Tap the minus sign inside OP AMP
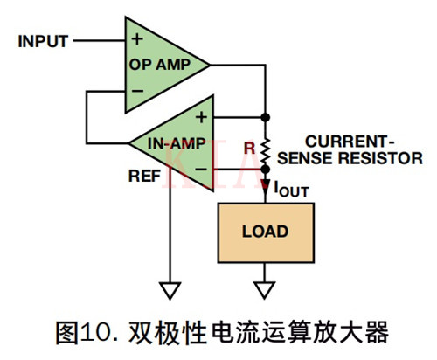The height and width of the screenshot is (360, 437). tap(136, 89)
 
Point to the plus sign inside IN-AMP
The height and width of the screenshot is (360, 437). tap(200, 116)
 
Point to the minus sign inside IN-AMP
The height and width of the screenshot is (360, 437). tap(200, 168)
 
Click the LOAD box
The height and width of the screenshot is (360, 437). tap(264, 233)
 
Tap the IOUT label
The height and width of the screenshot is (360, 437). tap(290, 187)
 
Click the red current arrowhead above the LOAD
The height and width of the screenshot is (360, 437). tap(264, 185)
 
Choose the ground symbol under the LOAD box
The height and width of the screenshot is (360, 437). tap(264, 292)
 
